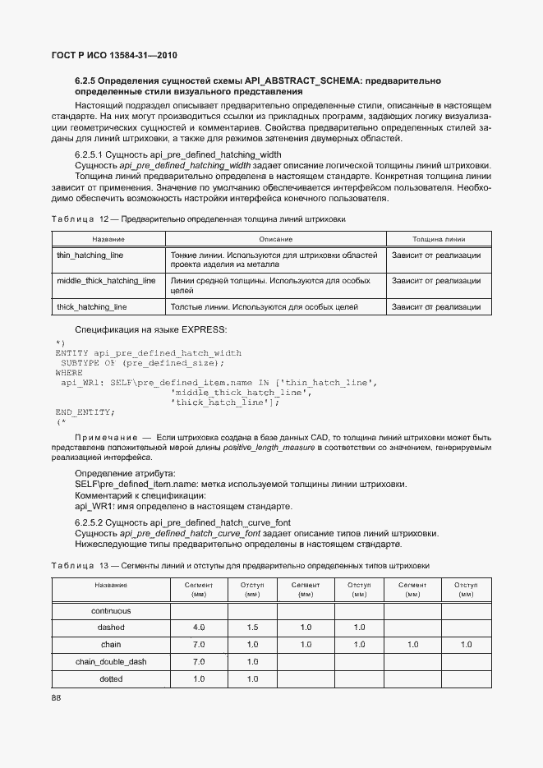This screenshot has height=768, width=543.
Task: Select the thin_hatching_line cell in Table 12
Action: click(90, 255)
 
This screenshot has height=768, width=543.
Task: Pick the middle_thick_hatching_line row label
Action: click(106, 281)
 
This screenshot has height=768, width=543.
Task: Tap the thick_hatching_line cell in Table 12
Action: click(91, 307)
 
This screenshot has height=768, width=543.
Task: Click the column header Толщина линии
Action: click(439, 239)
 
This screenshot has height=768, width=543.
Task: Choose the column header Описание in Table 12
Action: click(275, 239)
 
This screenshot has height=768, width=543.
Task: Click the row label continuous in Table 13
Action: click(111, 611)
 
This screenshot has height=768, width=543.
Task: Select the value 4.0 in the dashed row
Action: click(199, 628)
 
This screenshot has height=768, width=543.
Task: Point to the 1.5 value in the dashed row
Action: click(252, 628)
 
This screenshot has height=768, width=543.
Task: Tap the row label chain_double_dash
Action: click(111, 662)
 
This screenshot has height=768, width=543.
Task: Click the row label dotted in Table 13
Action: click(111, 679)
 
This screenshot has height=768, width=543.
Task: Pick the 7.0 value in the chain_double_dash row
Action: click(199, 662)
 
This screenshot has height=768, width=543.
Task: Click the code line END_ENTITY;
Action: click(85, 412)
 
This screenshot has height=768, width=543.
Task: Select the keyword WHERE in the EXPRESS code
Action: click(69, 372)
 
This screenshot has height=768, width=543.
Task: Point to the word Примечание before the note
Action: click(105, 436)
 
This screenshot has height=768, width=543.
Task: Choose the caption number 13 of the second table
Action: click(104, 565)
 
